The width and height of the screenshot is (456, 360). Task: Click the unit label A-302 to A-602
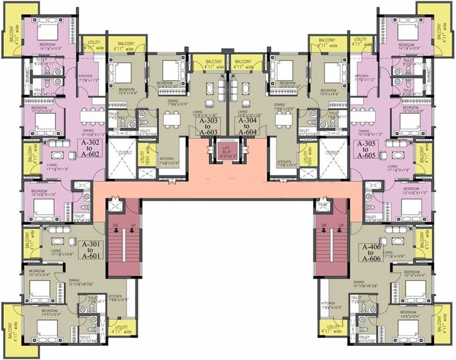coord(89,147)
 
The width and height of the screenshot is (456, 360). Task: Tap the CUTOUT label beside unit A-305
coord(333,153)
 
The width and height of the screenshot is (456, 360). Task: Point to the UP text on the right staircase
coord(341,226)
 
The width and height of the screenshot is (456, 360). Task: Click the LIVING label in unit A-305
coord(393,167)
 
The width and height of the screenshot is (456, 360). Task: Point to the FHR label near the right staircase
coord(322,204)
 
